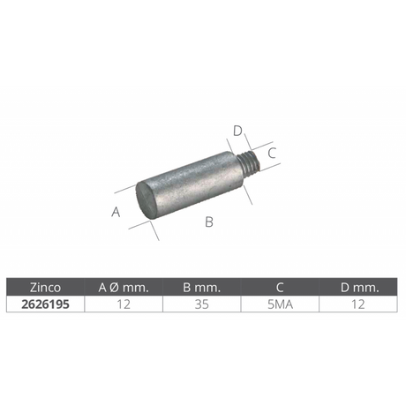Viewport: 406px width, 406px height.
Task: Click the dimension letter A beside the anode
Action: coord(116,212)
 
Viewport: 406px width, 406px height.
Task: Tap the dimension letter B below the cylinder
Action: coord(209,222)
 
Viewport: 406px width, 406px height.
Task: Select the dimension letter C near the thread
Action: coord(272,153)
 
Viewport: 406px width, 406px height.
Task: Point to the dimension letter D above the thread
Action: coord(237,131)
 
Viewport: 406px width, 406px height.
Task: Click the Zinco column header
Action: coord(45,288)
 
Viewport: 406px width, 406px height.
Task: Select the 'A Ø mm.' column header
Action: coord(124,288)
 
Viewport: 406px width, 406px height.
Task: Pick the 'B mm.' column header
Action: coord(201,288)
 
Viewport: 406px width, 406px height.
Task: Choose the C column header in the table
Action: coord(280,288)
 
